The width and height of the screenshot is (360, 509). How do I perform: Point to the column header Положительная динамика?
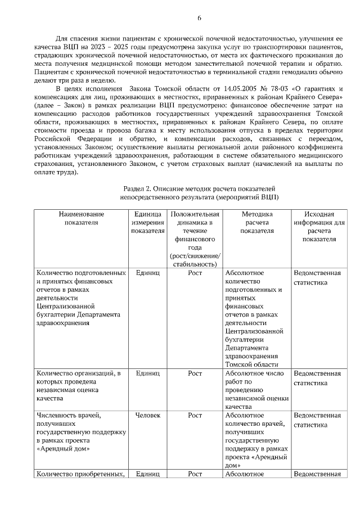pyautogui.click(x=195, y=238)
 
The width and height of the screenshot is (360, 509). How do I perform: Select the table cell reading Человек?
pyautogui.click(x=148, y=415)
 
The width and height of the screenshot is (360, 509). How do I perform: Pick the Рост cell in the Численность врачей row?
pyautogui.click(x=195, y=415)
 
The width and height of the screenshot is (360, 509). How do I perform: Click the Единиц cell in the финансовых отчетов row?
pyautogui.click(x=148, y=273)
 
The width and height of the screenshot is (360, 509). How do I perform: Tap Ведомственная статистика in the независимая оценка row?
pyautogui.click(x=318, y=378)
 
